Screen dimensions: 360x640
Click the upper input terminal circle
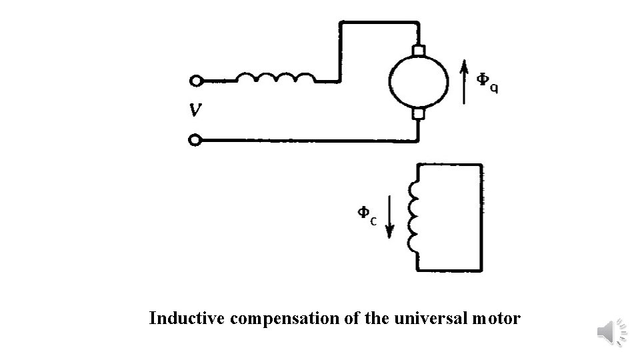195,81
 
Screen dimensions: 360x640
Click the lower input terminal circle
195,140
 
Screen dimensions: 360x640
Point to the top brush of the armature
418,51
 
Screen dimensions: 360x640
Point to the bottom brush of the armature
418,115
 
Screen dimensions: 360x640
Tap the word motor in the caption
497,319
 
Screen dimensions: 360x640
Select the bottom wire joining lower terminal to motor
307,141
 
